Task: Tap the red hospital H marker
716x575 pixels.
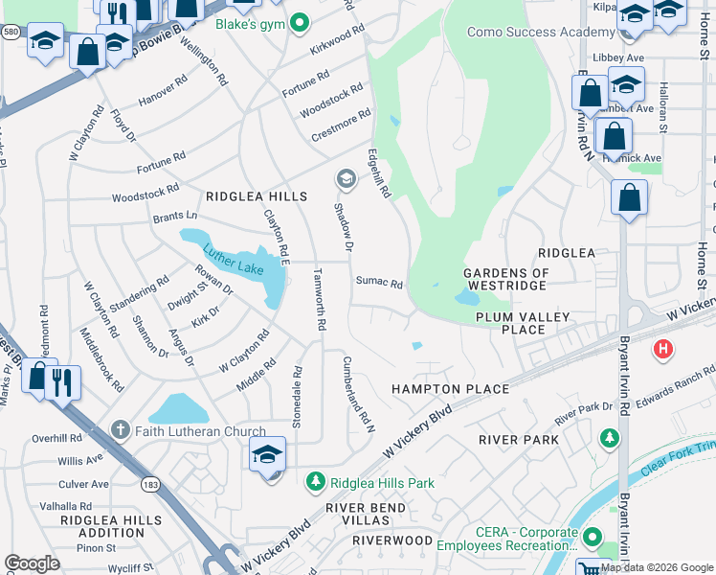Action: (x=661, y=350)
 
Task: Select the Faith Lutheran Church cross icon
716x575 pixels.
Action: (x=120, y=431)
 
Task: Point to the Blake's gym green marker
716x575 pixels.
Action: (x=300, y=22)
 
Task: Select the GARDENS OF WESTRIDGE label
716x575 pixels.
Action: (x=507, y=279)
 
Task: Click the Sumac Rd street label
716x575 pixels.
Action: (x=379, y=283)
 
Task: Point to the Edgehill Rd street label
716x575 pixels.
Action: (x=379, y=173)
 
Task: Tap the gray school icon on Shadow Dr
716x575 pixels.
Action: (x=345, y=178)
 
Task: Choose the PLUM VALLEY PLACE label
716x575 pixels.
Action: (x=524, y=323)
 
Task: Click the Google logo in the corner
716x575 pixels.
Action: (x=32, y=563)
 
